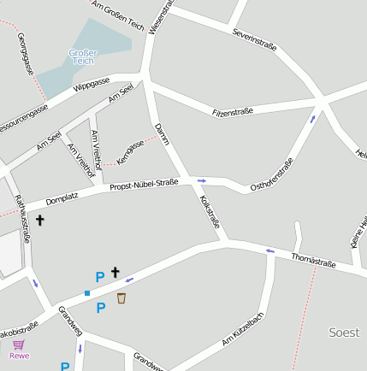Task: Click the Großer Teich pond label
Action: coord(83,57)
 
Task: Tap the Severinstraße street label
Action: coord(255,39)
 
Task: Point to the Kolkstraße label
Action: coord(210,212)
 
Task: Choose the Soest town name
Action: coord(345,332)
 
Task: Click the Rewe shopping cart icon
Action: coord(18,344)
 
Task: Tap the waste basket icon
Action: coord(121,298)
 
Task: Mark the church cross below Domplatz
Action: coord(39,221)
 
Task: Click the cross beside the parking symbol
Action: coord(115,272)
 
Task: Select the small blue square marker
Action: coord(86,293)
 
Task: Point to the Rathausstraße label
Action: coord(21,219)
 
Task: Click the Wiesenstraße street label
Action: coord(160,16)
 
